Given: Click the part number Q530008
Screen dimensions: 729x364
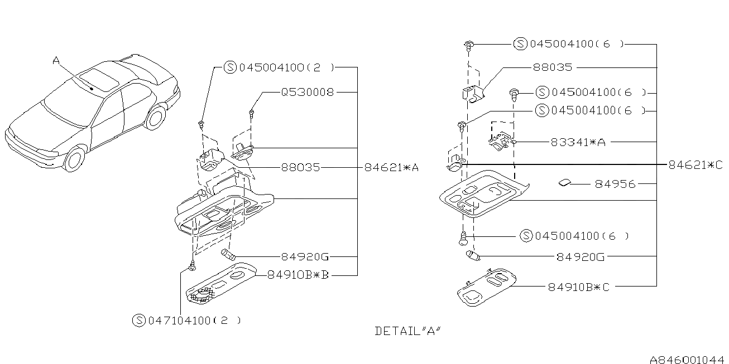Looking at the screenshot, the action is [x=308, y=93].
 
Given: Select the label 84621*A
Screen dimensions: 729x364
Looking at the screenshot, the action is [x=391, y=167].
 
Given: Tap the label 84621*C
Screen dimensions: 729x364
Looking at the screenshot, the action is [x=696, y=165].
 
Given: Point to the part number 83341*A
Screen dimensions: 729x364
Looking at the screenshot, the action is [x=578, y=142].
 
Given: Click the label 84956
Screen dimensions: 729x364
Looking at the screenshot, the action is [x=615, y=185].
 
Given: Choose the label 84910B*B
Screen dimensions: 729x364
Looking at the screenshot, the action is [x=298, y=275].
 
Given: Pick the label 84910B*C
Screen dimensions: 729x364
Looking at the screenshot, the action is [x=579, y=287].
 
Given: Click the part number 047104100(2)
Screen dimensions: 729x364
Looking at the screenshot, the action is [x=194, y=321].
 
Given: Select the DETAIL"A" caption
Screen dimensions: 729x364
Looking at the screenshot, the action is [x=408, y=331].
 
